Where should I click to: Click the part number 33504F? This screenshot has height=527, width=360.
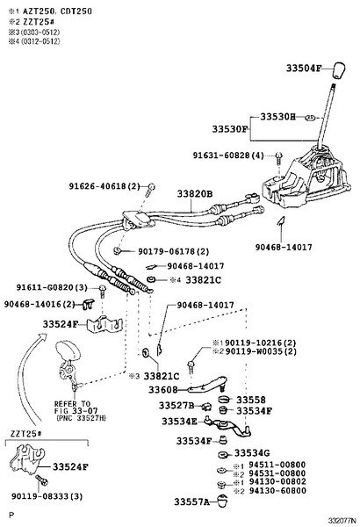click(x=305, y=68)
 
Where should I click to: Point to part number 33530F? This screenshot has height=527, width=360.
click(x=230, y=129)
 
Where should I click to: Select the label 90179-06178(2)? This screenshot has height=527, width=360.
click(x=172, y=250)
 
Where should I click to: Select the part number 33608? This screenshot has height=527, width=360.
click(x=162, y=389)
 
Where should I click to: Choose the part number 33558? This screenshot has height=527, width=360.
click(x=251, y=399)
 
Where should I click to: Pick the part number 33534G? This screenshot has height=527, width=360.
click(x=252, y=453)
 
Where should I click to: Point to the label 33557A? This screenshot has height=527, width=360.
click(x=191, y=502)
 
